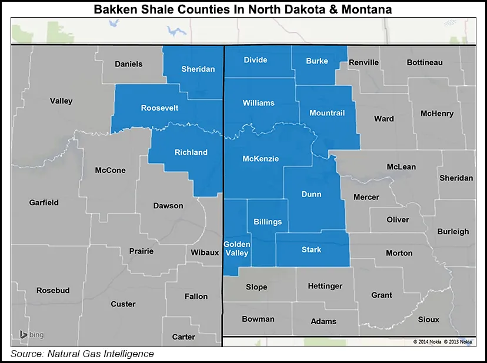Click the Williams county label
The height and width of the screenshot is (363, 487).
[258, 103]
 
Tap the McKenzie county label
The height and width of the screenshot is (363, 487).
[261, 159]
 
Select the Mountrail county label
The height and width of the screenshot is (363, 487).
[326, 113]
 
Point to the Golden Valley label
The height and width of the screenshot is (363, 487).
[236, 249]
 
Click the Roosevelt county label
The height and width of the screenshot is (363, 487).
[159, 108]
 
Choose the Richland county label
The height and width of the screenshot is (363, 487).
[191, 152]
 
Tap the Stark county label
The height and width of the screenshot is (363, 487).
[311, 249]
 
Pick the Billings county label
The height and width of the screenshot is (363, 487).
[268, 222]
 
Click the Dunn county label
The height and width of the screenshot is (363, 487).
[311, 194]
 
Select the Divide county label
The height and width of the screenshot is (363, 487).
[255, 60]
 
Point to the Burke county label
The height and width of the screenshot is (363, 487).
[317, 61]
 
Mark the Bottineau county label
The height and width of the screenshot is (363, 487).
[425, 62]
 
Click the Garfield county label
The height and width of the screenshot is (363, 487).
[44, 202]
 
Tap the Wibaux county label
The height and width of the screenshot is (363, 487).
[204, 253]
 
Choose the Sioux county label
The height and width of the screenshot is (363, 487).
[428, 319]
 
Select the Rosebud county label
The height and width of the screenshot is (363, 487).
[53, 291]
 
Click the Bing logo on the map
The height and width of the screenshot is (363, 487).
[32, 335]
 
